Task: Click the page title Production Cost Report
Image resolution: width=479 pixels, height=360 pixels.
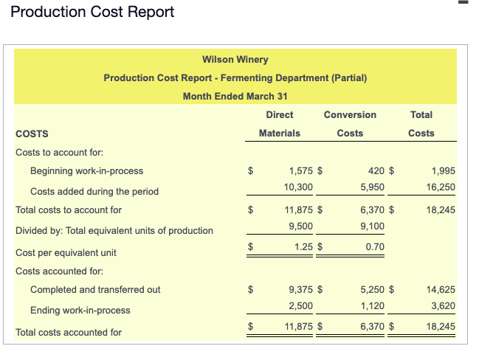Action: pyautogui.click(x=93, y=13)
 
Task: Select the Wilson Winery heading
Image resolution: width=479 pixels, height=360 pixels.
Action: pyautogui.click(x=235, y=59)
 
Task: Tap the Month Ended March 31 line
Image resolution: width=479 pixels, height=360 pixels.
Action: pyautogui.click(x=235, y=96)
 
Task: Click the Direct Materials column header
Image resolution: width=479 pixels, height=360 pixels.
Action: pyautogui.click(x=279, y=124)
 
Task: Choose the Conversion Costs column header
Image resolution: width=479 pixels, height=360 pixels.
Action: pyautogui.click(x=350, y=124)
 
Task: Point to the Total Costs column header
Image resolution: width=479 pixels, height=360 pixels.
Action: pyautogui.click(x=421, y=124)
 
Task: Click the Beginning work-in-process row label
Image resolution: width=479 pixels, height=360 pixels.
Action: pyautogui.click(x=86, y=171)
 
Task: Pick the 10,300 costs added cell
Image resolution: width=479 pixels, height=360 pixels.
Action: pyautogui.click(x=298, y=187)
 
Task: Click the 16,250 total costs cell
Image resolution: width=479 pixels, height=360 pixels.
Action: pyautogui.click(x=441, y=187)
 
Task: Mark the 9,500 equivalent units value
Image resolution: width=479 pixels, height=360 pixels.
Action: pyautogui.click(x=300, y=226)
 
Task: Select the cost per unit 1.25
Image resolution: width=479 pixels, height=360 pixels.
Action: pyautogui.click(x=303, y=246)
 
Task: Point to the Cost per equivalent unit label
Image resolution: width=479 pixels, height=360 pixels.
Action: pyautogui.click(x=66, y=253)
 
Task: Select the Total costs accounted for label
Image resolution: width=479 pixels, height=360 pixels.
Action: pyautogui.click(x=69, y=333)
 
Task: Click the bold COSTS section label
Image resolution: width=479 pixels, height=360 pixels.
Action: pyautogui.click(x=32, y=134)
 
